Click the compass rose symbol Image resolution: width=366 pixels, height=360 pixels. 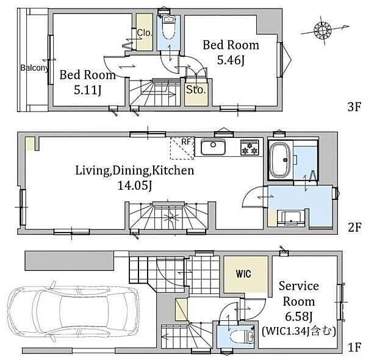click(323, 30)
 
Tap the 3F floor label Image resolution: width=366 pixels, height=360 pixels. click(354, 107)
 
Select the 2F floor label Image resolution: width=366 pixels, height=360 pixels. click(354, 227)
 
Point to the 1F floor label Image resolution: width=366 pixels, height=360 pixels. click(354, 347)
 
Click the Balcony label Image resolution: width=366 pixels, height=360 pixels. click(35, 68)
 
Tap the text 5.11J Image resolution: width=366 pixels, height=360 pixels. click(88, 90)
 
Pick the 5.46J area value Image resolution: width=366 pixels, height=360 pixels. click(231, 60)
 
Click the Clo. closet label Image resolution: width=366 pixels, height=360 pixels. click(145, 33)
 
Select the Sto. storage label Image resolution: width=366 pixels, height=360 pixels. click(196, 90)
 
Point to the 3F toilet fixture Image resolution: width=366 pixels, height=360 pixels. click(168, 28)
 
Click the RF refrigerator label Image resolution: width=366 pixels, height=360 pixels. click(186, 142)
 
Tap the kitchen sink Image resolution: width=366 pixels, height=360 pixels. click(213, 147)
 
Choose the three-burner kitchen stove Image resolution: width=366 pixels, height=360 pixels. click(250, 148)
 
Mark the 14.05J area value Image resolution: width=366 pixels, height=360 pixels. click(135, 185)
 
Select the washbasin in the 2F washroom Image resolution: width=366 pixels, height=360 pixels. click(291, 218)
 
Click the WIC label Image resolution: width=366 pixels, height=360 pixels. click(243, 274)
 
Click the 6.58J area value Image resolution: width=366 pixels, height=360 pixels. click(298, 317)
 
